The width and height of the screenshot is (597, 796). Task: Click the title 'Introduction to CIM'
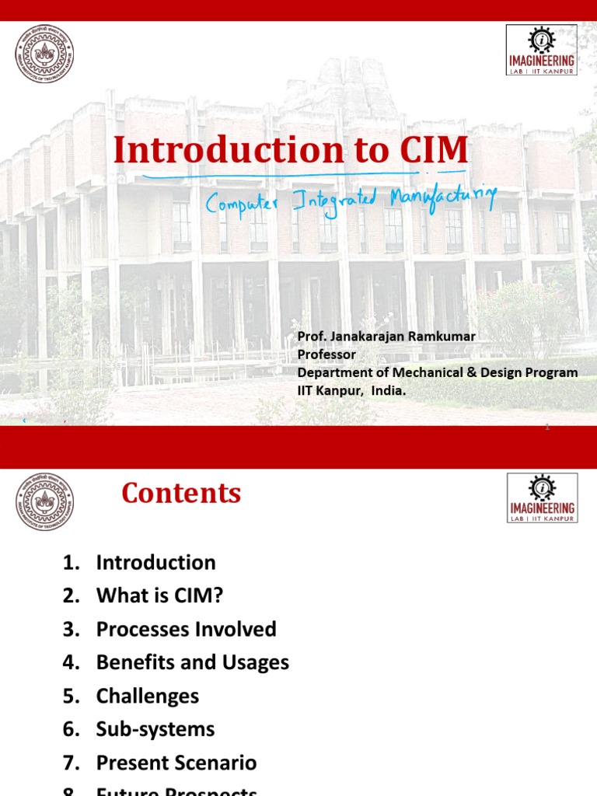(291, 151)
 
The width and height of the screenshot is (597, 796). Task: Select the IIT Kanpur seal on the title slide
(45, 54)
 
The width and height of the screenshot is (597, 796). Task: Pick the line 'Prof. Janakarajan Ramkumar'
(386, 336)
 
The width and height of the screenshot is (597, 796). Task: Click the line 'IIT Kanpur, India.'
(351, 391)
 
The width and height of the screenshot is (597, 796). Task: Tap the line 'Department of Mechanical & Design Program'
(438, 372)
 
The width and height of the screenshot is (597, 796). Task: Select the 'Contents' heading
(181, 494)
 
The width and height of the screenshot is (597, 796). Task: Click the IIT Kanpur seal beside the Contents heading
(45, 502)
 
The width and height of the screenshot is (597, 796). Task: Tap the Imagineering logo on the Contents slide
(542, 498)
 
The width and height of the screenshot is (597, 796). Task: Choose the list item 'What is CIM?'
(160, 596)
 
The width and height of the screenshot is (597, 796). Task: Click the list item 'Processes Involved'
(186, 629)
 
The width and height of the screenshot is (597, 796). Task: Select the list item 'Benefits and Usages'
(192, 662)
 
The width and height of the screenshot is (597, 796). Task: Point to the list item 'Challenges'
(148, 696)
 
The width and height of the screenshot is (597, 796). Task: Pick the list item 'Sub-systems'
(155, 729)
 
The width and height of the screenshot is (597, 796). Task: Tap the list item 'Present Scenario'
(176, 763)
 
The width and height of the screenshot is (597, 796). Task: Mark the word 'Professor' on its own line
(326, 354)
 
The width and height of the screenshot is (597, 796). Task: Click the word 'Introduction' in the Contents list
(155, 563)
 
